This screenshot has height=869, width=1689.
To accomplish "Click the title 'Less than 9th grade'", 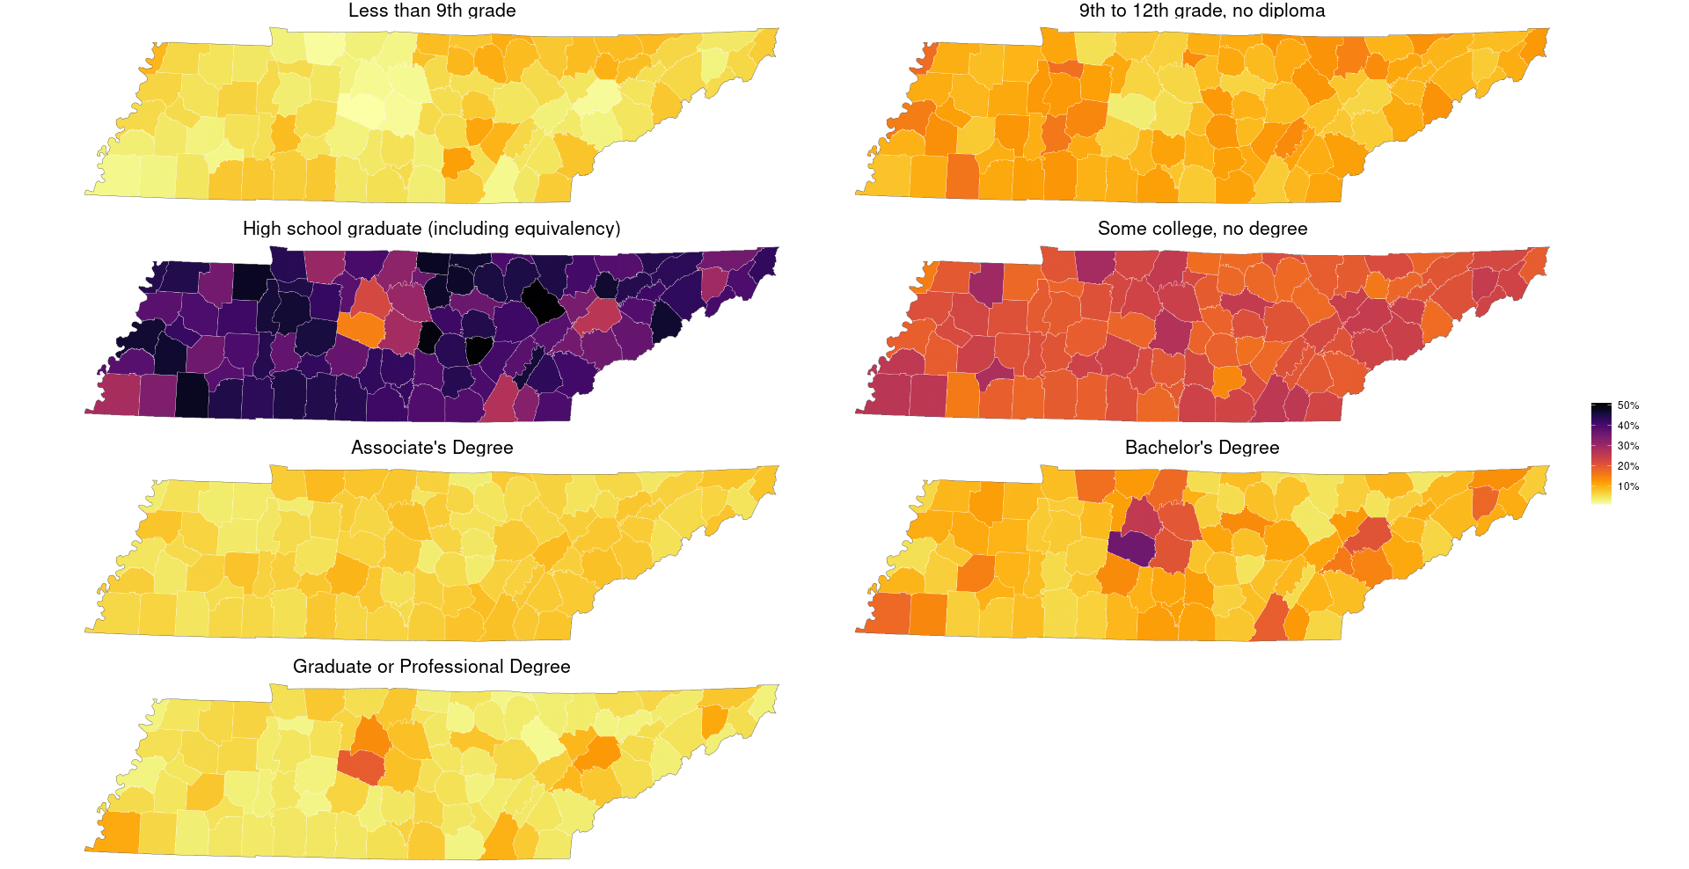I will point(432,11).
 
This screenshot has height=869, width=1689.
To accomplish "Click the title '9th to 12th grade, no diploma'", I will point(1202,11).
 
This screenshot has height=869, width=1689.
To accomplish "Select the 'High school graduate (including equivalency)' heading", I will point(431,229).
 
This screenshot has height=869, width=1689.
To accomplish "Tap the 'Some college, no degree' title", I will point(1202,229).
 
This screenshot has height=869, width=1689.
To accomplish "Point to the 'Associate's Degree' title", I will point(432,448).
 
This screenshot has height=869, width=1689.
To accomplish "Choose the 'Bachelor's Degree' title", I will point(1202,448).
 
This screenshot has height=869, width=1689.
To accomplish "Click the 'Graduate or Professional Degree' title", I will point(431,667).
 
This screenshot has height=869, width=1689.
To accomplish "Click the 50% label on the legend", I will point(1627,405).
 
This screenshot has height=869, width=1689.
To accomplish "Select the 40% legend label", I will point(1627,426).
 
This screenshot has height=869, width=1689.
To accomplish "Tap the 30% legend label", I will point(1627,446).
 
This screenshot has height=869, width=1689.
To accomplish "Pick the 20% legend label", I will point(1627,466).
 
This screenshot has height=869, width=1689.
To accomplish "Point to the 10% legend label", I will point(1627,486).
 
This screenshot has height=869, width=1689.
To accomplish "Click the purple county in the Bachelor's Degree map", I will point(1130,548).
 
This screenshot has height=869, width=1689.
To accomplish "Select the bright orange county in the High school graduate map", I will point(362,329).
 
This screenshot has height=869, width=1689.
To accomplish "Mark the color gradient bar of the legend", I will point(1600,453).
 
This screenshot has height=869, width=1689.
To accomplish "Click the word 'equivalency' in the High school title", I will point(564,229).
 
